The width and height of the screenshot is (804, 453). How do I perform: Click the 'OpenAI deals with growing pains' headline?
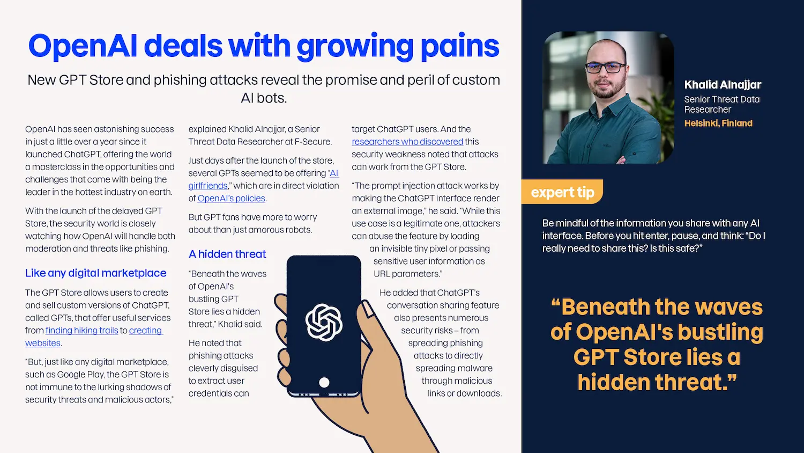[x=264, y=46]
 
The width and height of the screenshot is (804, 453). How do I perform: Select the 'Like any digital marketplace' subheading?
[x=95, y=273]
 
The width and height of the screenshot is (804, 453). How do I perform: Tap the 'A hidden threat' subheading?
[x=227, y=254]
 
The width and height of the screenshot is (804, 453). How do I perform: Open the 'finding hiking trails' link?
[x=81, y=331]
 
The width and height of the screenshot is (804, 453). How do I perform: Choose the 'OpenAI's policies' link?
[x=231, y=199]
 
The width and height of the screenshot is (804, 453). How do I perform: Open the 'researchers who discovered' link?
[x=407, y=142]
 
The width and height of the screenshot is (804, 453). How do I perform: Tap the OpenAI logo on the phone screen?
[x=324, y=322]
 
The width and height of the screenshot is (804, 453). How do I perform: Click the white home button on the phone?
[x=324, y=382]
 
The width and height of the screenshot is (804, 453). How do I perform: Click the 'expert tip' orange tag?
[x=562, y=192]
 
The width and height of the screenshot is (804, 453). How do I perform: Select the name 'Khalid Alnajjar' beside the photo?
[x=723, y=85]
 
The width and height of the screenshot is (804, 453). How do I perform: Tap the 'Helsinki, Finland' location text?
[x=718, y=123]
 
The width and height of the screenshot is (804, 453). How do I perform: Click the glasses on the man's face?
[x=606, y=68]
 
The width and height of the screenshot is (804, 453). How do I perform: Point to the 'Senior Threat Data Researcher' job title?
[x=721, y=104]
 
